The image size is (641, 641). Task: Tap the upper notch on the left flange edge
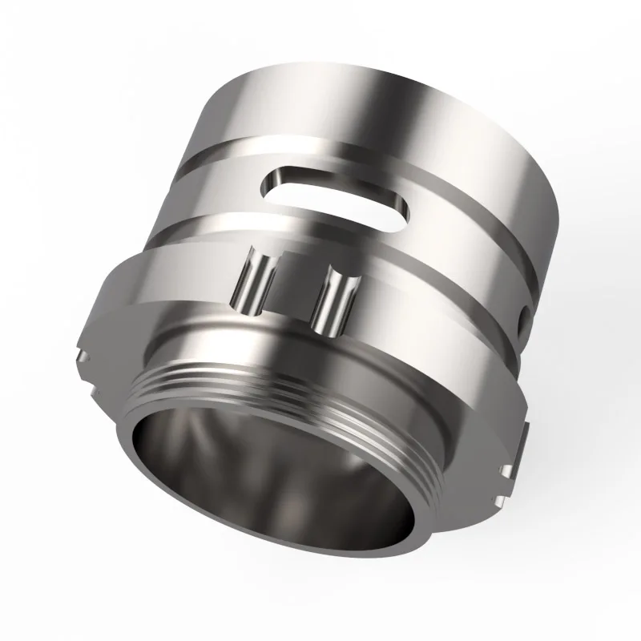[x=83, y=353]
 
